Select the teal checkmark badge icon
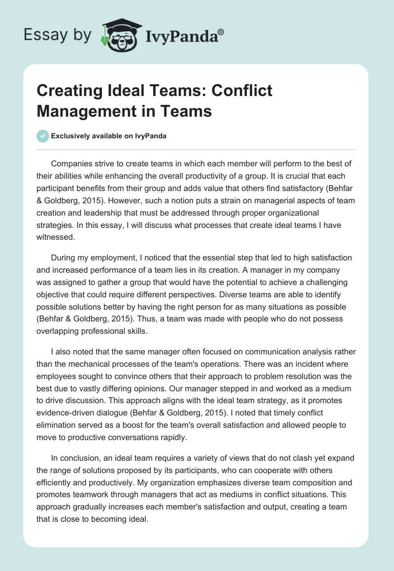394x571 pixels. pos(43,136)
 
